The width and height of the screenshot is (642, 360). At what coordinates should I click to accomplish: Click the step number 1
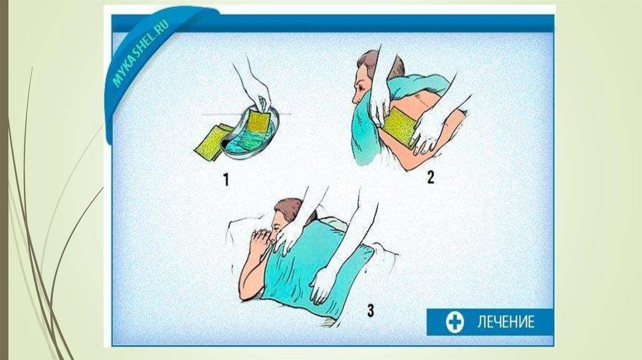point(226,179)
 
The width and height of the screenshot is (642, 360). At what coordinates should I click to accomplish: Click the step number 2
point(430,177)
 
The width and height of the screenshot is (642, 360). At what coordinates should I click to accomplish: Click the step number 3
point(371,310)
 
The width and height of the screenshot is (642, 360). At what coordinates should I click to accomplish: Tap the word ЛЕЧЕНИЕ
point(506,322)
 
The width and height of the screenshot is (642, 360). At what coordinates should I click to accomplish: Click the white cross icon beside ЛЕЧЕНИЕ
point(455,322)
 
